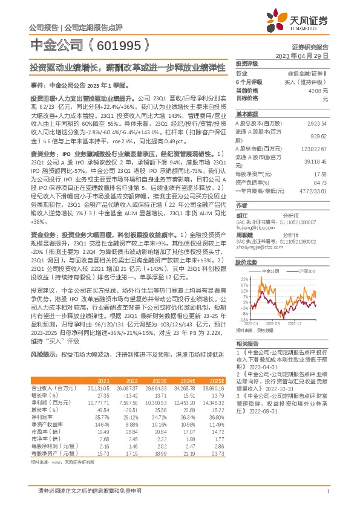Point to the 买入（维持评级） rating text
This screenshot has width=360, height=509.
[x=309, y=82]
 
